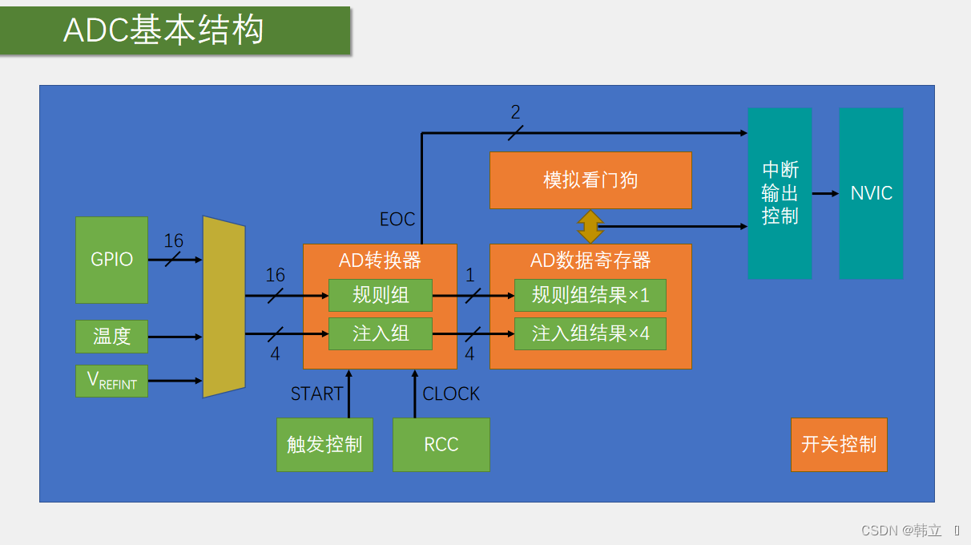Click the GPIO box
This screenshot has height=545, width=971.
(111, 260)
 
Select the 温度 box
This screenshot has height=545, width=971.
(111, 337)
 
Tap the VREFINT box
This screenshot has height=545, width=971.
(111, 381)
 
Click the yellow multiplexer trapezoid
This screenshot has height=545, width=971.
(224, 307)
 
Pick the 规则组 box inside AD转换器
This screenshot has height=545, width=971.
(381, 295)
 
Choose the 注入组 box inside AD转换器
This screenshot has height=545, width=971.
(381, 333)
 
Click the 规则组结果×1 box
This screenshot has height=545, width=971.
(590, 295)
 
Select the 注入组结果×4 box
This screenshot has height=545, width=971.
(590, 333)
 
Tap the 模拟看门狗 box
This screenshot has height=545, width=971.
(590, 180)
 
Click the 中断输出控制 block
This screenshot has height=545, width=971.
(780, 193)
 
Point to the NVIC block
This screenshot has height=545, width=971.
(871, 193)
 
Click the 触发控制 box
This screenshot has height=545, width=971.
(324, 445)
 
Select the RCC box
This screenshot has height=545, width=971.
(441, 445)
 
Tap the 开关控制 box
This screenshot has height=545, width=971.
(839, 445)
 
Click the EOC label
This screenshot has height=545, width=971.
(397, 220)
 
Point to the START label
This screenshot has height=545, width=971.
(316, 394)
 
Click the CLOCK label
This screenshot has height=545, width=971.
(451, 394)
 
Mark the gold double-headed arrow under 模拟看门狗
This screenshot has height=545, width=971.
(590, 227)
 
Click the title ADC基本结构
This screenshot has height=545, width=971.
(163, 30)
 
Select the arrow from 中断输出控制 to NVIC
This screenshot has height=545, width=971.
(825, 193)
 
